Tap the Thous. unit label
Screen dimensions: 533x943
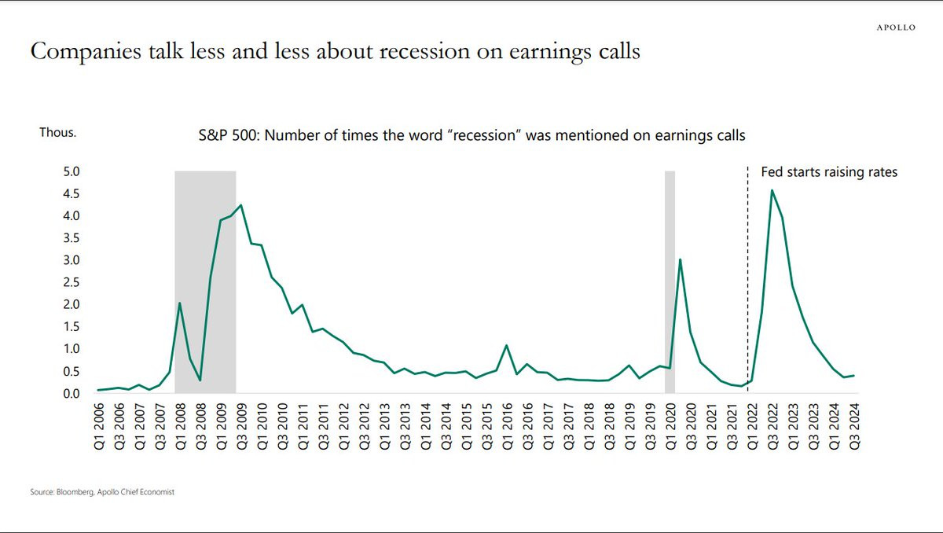coord(57,133)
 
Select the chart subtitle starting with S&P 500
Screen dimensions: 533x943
coord(472,135)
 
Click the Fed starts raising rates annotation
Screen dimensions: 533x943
coord(829,172)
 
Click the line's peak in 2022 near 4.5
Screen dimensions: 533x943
coord(772,190)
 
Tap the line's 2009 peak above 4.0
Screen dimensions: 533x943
coord(240,205)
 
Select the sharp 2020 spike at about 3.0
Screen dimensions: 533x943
coord(680,259)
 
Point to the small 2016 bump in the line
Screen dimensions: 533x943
coord(506,346)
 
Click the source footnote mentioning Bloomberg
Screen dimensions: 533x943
coord(101,492)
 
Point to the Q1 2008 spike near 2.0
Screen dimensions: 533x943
coord(180,303)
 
